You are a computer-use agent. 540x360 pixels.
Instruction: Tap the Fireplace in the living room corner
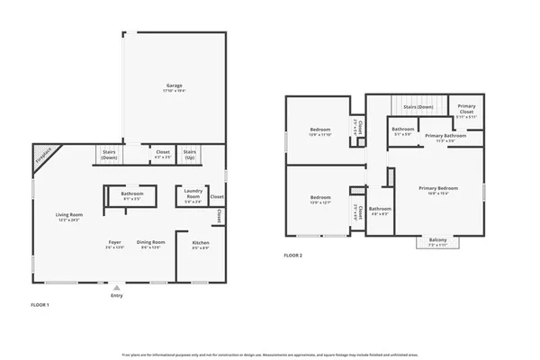pos(43,156)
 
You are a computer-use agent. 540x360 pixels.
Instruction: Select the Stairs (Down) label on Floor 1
pos(109,154)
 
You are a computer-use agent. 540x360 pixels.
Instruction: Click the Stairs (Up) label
pos(190,154)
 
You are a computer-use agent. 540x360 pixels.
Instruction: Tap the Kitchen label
pos(202,245)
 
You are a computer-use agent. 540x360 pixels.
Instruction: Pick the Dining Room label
pos(150,244)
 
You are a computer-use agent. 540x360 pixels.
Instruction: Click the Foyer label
pos(115,244)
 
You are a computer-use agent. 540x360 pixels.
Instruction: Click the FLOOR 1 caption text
pos(40,306)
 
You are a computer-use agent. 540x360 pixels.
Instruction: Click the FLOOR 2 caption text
pos(293,256)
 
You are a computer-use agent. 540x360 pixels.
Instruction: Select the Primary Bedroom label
pos(438,190)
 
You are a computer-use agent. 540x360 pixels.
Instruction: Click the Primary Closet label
pos(466,111)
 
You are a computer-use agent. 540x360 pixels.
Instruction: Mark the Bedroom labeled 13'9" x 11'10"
pos(321,132)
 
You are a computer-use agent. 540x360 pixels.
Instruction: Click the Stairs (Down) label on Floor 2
pos(418,107)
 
